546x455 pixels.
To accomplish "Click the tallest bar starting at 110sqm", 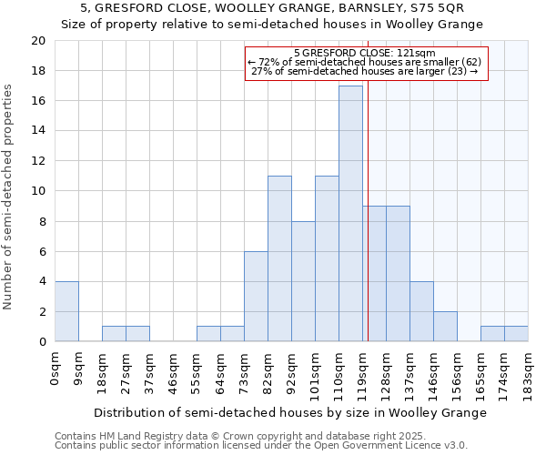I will [x=350, y=214].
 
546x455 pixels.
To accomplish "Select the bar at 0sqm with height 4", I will [x=66, y=311].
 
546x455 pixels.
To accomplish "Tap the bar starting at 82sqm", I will [x=279, y=258].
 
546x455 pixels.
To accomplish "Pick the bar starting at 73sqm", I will [x=256, y=297].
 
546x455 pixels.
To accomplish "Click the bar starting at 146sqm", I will [x=445, y=327].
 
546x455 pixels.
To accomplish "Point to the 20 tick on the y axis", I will [x=37, y=41].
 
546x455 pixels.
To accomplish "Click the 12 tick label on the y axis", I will [x=37, y=161].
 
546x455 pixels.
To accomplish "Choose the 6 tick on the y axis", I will [x=41, y=251].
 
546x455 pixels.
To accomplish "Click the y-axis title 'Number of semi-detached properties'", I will [x=9, y=197].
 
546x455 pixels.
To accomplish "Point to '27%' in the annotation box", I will [x=261, y=71].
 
